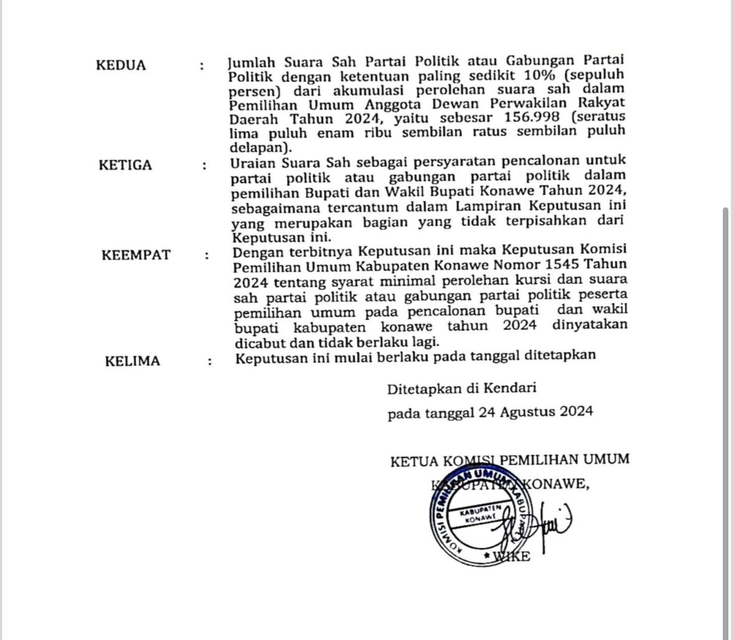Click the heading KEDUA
(121, 65)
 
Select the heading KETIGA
(125, 165)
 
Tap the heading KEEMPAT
(136, 255)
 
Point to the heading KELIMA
(132, 361)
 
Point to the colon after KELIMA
(210, 361)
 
